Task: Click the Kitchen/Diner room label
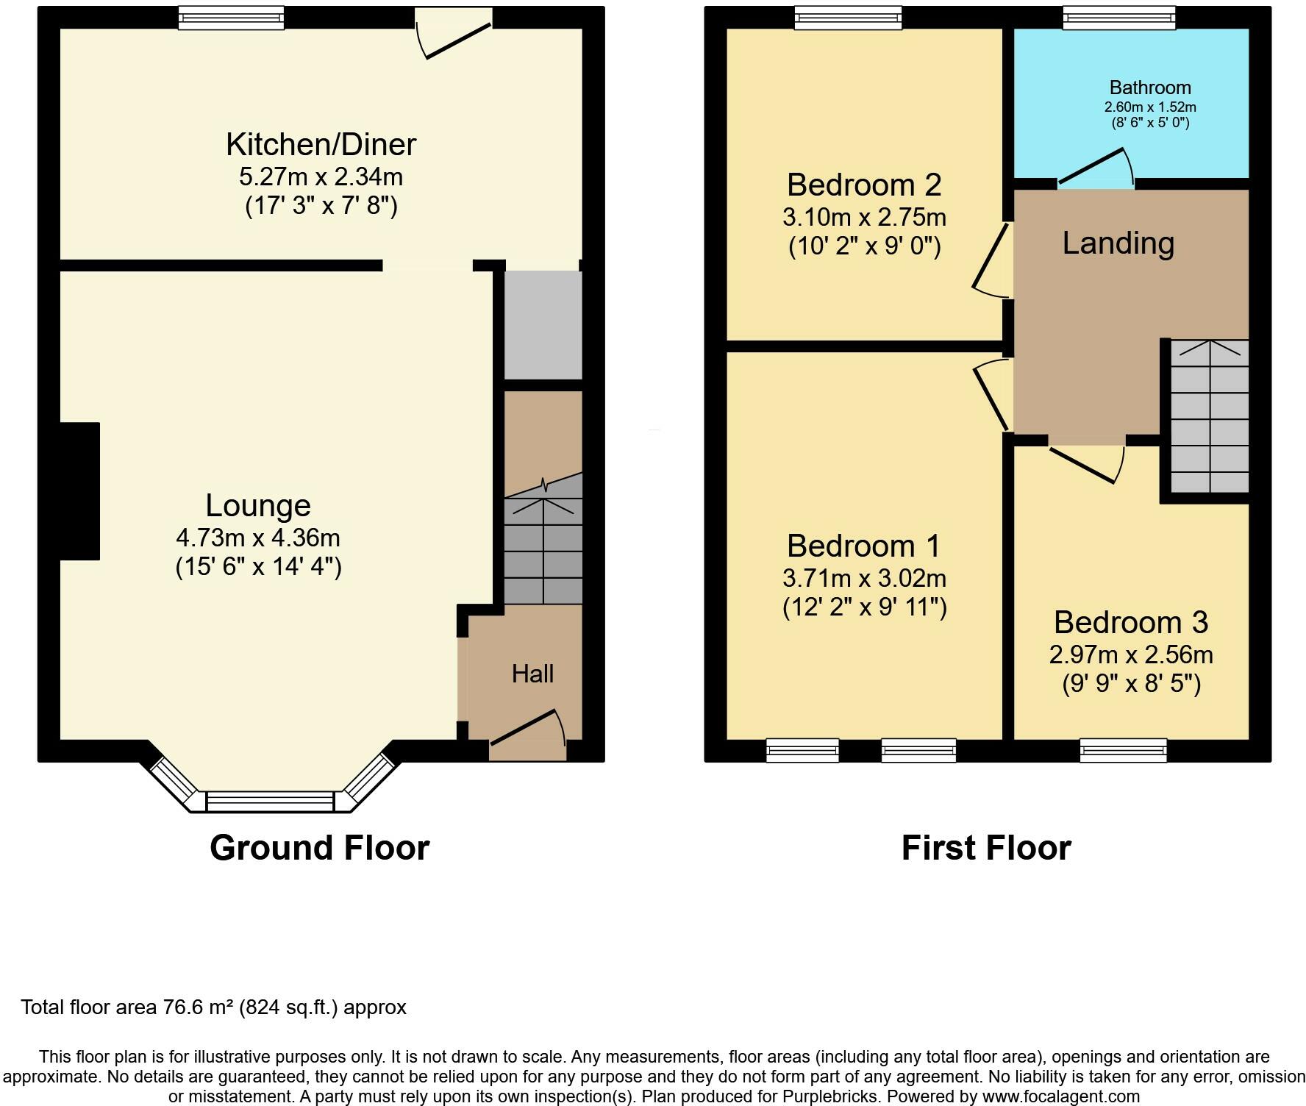[x=321, y=144]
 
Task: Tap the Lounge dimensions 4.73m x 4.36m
[x=257, y=538]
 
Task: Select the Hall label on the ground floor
[x=532, y=674]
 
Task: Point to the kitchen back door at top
[x=454, y=34]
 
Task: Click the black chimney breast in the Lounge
[x=79, y=491]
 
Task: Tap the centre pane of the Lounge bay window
[x=270, y=801]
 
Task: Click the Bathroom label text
[x=1150, y=88]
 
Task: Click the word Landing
[x=1118, y=243]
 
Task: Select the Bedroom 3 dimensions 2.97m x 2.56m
[x=1131, y=654]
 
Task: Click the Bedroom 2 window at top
[x=848, y=17]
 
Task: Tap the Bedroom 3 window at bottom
[x=1123, y=750]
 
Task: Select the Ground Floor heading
[x=319, y=848]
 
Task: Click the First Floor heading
[x=985, y=848]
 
